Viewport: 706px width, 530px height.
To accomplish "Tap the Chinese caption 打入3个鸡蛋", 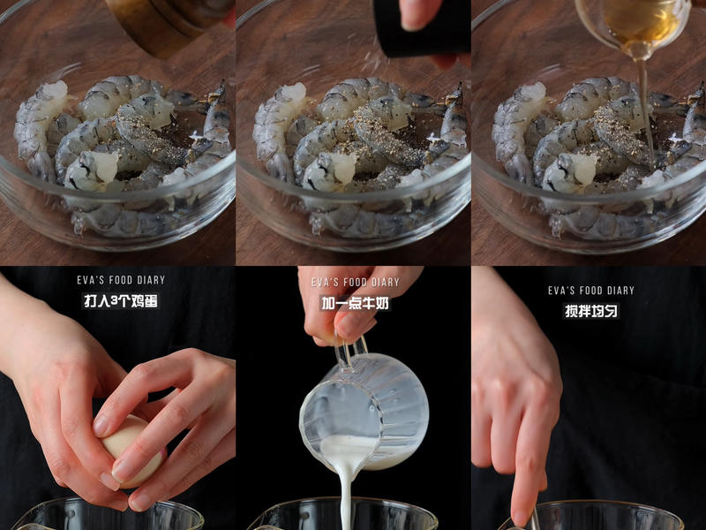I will point(121,301).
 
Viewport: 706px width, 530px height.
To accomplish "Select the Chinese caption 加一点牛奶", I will point(356,304).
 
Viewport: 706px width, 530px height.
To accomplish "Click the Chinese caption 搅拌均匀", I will point(591,311).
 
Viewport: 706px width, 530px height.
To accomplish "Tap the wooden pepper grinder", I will point(163,22).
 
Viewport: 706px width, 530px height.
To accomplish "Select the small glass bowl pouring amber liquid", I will point(631,22).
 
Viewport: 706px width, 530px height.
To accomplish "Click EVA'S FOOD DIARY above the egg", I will point(121,280).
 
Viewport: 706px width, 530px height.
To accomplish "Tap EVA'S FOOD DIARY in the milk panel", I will point(356,283).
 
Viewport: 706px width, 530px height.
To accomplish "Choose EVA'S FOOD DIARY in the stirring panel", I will point(591,290).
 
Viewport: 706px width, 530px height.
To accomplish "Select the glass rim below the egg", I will point(106,508).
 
